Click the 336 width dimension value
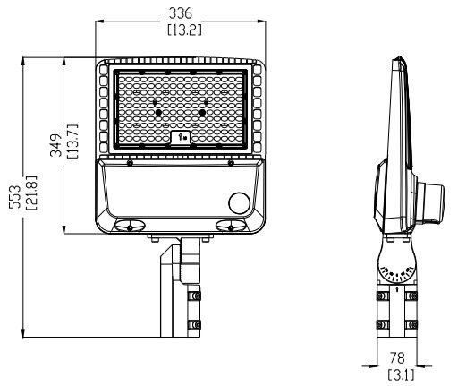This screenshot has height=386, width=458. pos(181,13)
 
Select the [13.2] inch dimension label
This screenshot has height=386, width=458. pos(184,30)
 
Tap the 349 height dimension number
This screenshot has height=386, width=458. pos(56,145)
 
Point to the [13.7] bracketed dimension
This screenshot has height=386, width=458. pos(72,141)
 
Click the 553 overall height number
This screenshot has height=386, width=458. pos(15,196)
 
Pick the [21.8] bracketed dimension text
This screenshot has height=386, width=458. pos(31,193)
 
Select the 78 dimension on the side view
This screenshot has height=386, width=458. pos(397,357)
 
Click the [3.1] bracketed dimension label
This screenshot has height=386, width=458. pos(402,374)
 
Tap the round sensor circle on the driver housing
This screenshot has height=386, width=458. pos(240,203)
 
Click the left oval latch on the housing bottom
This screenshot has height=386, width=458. pos(130,226)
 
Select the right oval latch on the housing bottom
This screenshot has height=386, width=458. pos(231,226)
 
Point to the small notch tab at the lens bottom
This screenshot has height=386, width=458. pos(181,137)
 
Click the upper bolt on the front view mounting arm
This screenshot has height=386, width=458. pos(196,296)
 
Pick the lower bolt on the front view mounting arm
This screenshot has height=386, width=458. pos(196,324)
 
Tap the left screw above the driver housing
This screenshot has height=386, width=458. pos(130,163)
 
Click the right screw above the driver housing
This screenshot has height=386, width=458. pos(231,163)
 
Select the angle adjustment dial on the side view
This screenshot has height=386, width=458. pos(397,270)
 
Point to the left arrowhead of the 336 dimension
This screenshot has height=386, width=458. pos(99,21)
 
